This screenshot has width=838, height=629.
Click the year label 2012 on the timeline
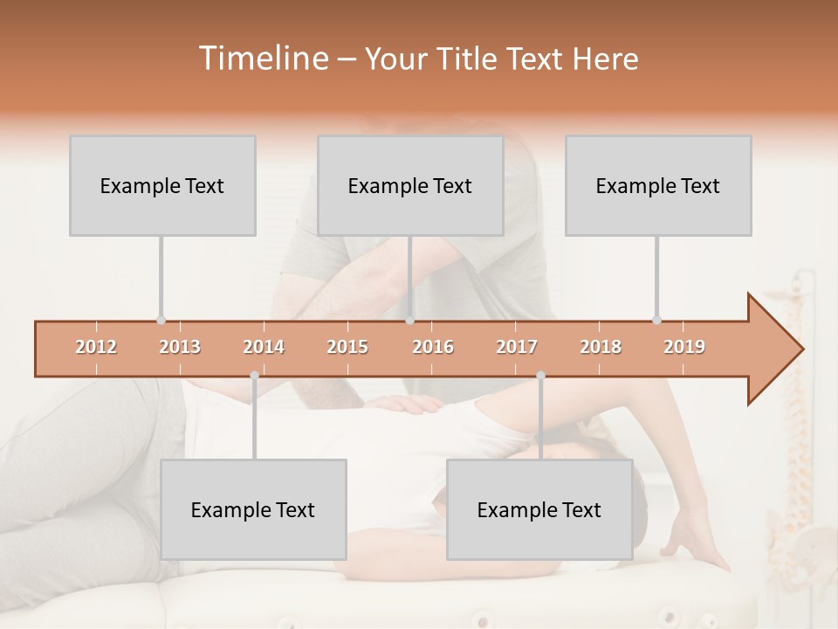pyautogui.click(x=96, y=347)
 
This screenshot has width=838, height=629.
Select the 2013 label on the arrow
pyautogui.click(x=180, y=347)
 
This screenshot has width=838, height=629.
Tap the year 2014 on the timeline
pyautogui.click(x=264, y=347)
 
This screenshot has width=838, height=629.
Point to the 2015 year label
pyautogui.click(x=347, y=347)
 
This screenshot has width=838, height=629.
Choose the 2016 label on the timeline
pyautogui.click(x=433, y=347)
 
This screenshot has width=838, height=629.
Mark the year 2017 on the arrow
pyautogui.click(x=517, y=347)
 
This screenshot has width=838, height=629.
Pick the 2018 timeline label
pyautogui.click(x=601, y=347)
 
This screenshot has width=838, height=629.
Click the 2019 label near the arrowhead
pyautogui.click(x=684, y=347)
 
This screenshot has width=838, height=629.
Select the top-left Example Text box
pyautogui.click(x=162, y=186)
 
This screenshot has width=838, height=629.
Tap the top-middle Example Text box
pyautogui.click(x=410, y=186)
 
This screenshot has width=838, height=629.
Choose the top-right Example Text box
pyautogui.click(x=658, y=186)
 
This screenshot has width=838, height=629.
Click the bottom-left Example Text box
pyautogui.click(x=253, y=509)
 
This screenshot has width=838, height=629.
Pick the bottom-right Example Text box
pyautogui.click(x=539, y=509)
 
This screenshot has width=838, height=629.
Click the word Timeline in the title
pyautogui.click(x=262, y=59)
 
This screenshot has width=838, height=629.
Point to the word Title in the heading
pyautogui.click(x=471, y=59)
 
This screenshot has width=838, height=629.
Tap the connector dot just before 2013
pyautogui.click(x=161, y=321)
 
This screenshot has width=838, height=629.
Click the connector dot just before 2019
pyautogui.click(x=656, y=321)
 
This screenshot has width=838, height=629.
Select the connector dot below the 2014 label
pyautogui.click(x=254, y=376)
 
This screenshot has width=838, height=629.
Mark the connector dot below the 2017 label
pyautogui.click(x=540, y=376)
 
